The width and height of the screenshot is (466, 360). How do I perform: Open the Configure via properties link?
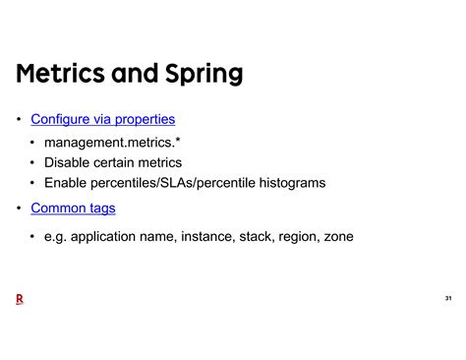(103, 119)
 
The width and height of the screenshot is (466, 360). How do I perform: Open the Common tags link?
(73, 208)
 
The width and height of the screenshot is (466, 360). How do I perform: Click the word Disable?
(71, 162)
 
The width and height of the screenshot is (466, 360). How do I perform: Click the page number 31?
(448, 298)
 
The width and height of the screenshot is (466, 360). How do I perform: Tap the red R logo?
(20, 298)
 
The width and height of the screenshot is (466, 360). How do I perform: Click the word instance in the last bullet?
(204, 236)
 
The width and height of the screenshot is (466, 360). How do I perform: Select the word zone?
(336, 236)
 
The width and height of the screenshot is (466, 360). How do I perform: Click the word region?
(298, 236)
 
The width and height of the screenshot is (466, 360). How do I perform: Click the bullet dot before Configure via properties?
(19, 120)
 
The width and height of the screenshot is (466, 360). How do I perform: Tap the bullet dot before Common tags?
(19, 209)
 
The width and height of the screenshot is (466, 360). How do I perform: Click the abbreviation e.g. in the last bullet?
(56, 237)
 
